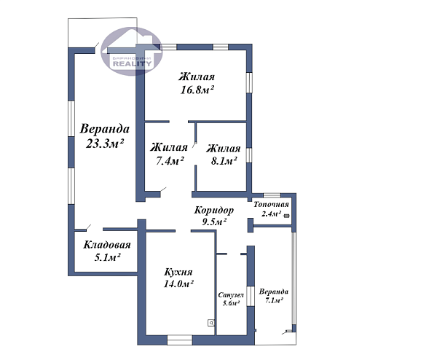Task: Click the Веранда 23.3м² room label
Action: (104, 136)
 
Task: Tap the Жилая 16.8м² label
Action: (197, 83)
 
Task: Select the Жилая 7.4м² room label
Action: (169, 154)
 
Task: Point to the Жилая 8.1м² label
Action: (224, 154)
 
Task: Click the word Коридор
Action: (213, 210)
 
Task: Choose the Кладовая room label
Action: (107, 245)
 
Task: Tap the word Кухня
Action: (178, 272)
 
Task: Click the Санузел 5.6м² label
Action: (231, 299)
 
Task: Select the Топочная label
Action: (271, 204)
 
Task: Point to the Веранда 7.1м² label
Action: (273, 296)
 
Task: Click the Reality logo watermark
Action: (132, 51)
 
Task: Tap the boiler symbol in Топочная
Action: (286, 216)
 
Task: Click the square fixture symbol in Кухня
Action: (211, 323)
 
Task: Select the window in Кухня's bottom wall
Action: (180, 340)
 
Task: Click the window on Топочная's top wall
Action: (272, 195)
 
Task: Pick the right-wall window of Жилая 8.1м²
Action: (249, 155)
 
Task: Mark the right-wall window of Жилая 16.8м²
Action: (249, 83)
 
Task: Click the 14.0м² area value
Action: (178, 284)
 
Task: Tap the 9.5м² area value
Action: (213, 222)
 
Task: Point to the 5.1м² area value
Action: (107, 257)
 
